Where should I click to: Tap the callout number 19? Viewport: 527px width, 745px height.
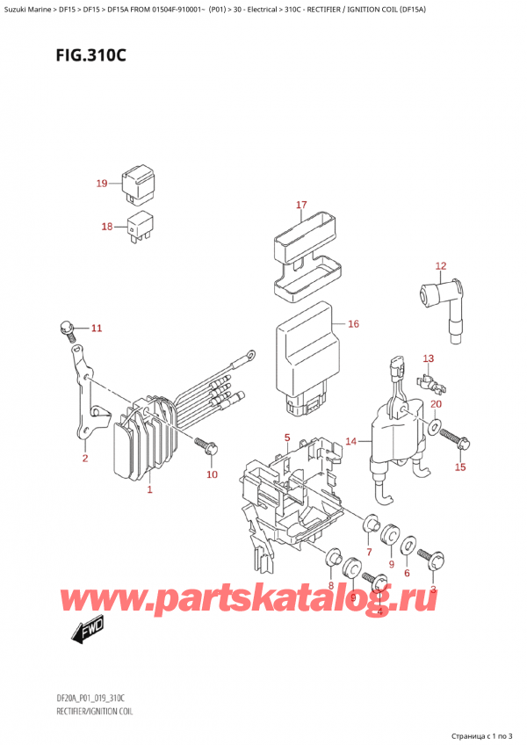[x=102, y=184]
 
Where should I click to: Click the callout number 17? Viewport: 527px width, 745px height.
[x=301, y=206]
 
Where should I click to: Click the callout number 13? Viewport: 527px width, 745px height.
[x=429, y=358]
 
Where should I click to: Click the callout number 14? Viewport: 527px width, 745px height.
[x=350, y=441]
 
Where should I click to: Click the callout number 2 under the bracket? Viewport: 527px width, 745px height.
[x=85, y=458]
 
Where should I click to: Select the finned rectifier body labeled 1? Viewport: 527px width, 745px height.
[x=145, y=444]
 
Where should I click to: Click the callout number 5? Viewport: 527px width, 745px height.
[x=286, y=438]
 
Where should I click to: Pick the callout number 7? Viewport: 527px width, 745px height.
[x=369, y=552]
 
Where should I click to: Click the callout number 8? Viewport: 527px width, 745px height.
[x=330, y=585]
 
